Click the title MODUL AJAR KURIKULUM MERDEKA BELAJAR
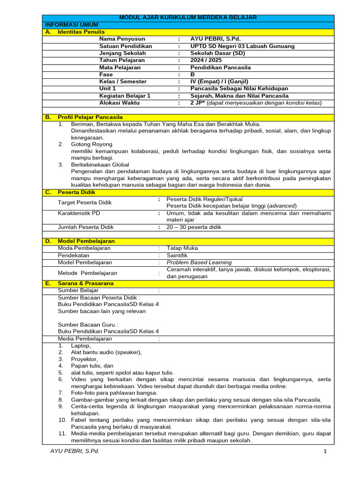[188, 17]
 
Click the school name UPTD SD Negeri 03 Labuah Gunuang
[242, 46]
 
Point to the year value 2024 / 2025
[206, 60]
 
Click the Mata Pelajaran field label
[120, 67]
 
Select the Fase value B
[193, 74]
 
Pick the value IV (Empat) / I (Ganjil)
[220, 81]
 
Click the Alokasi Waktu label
[120, 102]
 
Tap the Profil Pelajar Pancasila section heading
[90, 117]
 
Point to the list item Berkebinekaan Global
[100, 165]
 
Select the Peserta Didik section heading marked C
[76, 192]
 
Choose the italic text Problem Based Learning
[199, 262]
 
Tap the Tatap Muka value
[182, 248]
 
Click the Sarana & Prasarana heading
[85, 284]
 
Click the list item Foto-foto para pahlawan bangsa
[114, 393]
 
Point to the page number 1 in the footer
[324, 451]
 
